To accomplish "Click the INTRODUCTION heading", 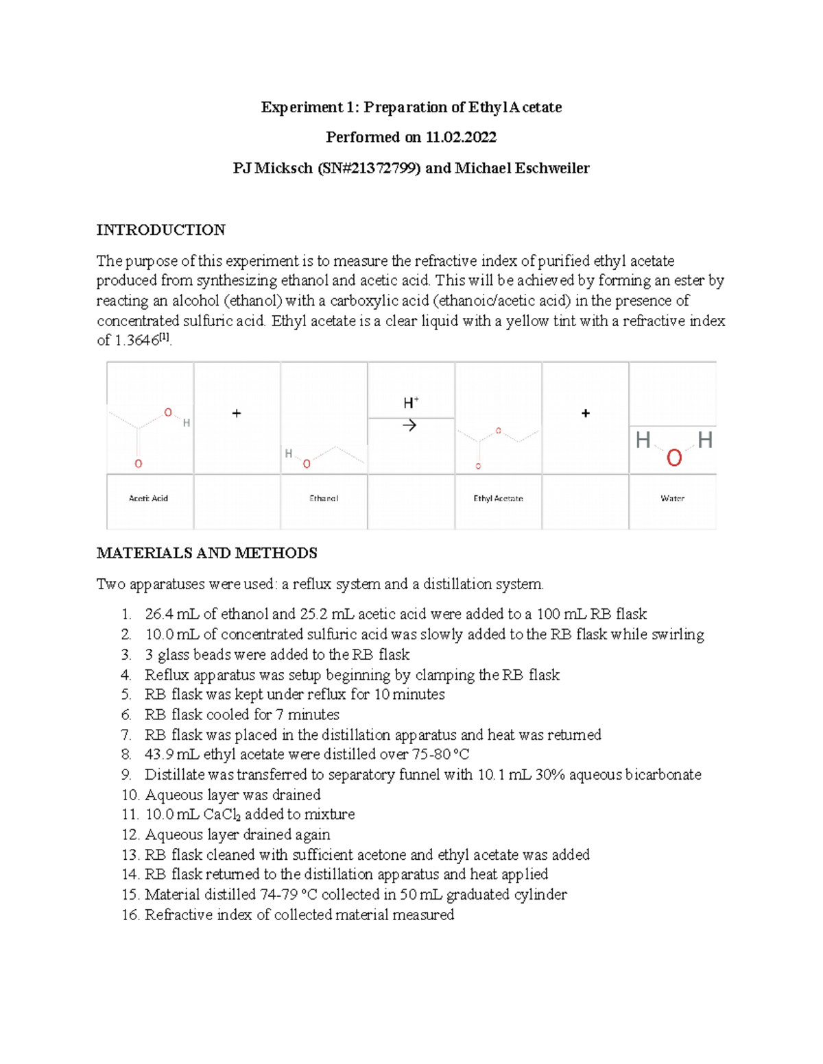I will click(160, 230).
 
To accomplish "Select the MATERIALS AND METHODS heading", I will click(206, 553).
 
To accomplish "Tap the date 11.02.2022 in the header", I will click(461, 137).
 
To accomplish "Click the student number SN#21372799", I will click(368, 168).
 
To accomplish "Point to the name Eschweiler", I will click(553, 168).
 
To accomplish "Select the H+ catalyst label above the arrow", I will click(411, 403).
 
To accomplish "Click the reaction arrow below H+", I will click(409, 426).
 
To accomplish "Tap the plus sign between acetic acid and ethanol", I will click(237, 413).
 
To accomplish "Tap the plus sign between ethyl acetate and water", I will click(585, 413).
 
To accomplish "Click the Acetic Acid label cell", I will click(148, 499).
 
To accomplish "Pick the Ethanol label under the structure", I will click(324, 499).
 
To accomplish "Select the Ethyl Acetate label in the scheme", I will click(498, 499).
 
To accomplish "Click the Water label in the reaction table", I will click(672, 499).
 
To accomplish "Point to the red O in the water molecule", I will click(674, 458).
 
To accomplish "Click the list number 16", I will click(130, 915).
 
